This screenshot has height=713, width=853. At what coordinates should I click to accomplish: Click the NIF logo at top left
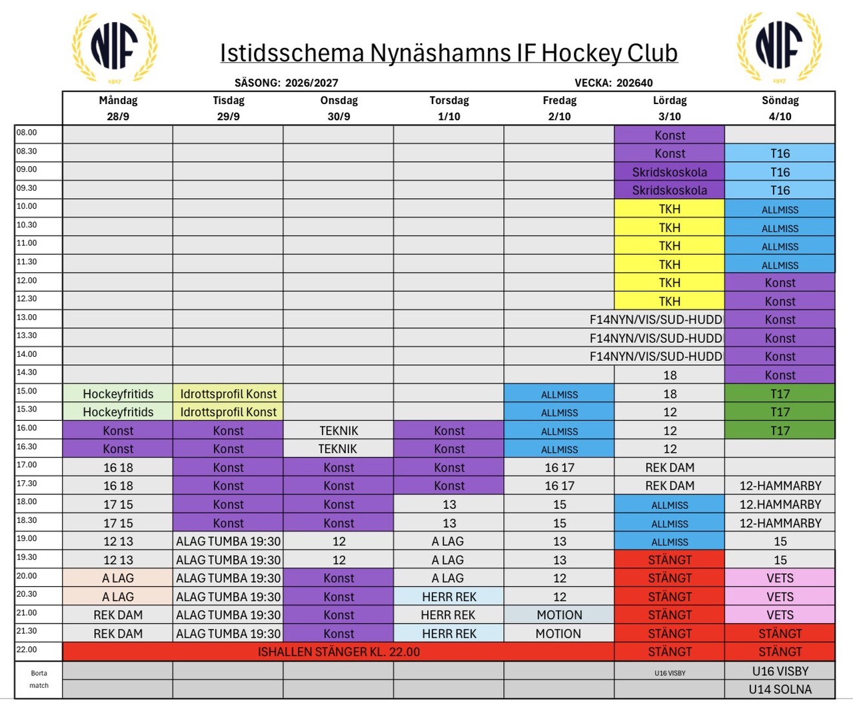point(115,47)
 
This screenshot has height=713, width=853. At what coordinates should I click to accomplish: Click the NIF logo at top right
point(779,47)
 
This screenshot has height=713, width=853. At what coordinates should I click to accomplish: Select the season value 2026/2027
point(312,83)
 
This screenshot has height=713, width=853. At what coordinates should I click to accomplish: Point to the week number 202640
point(634,83)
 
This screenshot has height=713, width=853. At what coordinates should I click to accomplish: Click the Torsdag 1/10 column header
point(449,108)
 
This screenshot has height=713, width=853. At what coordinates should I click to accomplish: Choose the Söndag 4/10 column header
point(780,108)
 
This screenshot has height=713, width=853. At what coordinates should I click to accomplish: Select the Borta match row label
point(39,679)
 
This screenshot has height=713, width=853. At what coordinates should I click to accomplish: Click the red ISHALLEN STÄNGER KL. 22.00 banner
point(339,652)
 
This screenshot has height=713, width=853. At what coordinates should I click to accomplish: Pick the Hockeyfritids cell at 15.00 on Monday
point(118,394)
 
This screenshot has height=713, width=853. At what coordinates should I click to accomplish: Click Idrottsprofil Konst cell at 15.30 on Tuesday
point(228,412)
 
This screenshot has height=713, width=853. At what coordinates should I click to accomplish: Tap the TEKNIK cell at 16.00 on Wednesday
point(339,430)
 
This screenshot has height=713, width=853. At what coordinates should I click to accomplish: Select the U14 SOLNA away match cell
point(780,689)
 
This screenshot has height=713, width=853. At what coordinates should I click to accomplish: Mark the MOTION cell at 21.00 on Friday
point(559,614)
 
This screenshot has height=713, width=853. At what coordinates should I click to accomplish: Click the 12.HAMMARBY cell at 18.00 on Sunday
point(780,504)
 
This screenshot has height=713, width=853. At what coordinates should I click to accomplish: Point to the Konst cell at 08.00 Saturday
point(669,135)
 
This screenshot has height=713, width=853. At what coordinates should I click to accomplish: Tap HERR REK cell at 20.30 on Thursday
point(448,596)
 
